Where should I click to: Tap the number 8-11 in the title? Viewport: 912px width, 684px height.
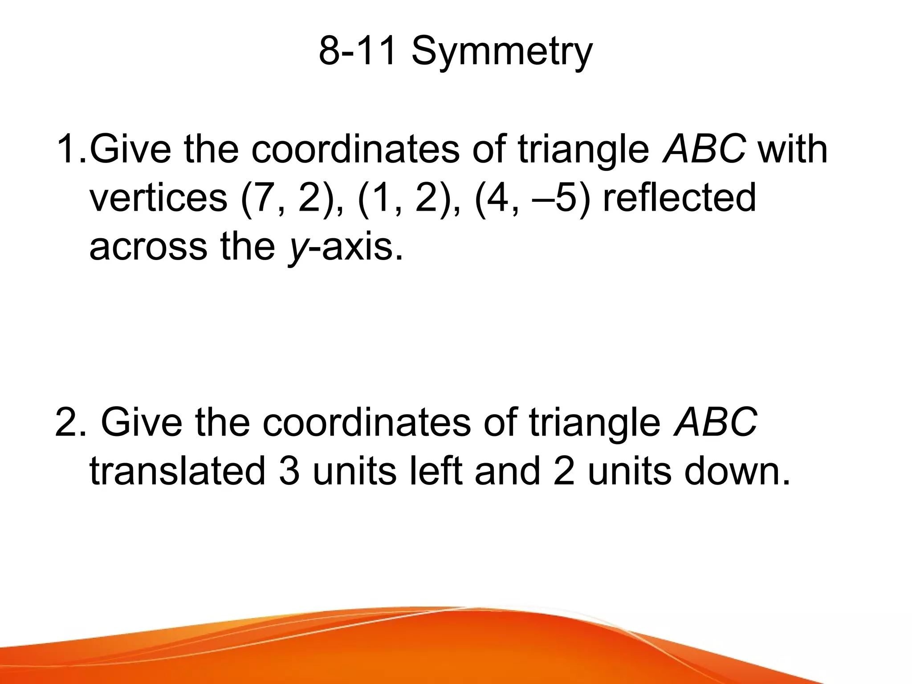(357, 51)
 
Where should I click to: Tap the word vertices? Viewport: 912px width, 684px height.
(159, 197)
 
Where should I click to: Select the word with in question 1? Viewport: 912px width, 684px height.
(793, 149)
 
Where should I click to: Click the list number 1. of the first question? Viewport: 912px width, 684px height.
(71, 149)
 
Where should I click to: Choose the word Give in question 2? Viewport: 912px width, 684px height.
(142, 422)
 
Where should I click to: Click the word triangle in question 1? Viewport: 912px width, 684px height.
(583, 149)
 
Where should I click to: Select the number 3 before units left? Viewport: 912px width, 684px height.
(289, 471)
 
